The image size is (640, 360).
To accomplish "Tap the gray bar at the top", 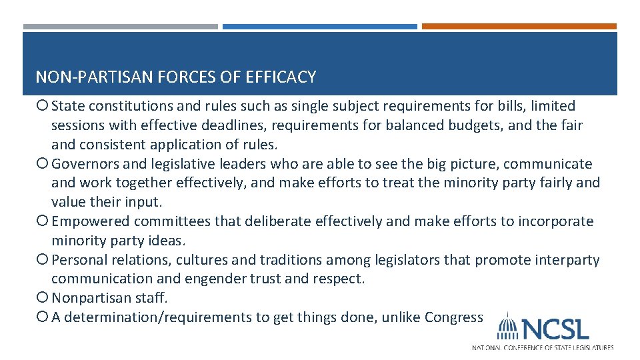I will (x=120, y=27).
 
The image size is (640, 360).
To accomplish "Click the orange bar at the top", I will (x=519, y=27).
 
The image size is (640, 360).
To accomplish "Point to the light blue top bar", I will (x=319, y=27).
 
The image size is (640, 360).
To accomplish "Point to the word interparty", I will (x=568, y=260).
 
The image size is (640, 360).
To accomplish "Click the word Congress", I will (x=453, y=317).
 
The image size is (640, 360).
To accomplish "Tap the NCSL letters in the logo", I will (x=555, y=329).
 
